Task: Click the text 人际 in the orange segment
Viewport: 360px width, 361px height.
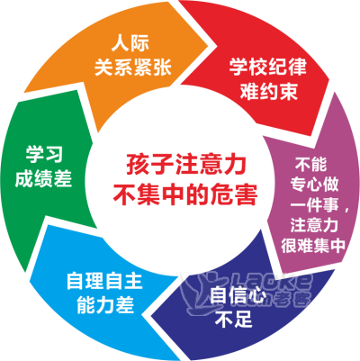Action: tap(130, 44)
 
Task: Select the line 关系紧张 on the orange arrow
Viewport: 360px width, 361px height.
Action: tap(133, 68)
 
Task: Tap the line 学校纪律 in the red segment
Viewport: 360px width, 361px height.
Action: tap(268, 67)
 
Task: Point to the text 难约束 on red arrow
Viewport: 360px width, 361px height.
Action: tap(269, 91)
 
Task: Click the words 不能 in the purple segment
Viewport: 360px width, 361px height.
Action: tap(310, 164)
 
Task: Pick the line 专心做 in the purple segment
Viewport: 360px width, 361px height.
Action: tap(314, 185)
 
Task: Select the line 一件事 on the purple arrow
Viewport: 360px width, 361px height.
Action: tap(314, 205)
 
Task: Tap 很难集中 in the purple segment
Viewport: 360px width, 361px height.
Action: tap(314, 246)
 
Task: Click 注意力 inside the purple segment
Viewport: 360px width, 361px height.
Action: tap(314, 225)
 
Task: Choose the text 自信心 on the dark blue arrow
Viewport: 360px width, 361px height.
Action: tap(238, 295)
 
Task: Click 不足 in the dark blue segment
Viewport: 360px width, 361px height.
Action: tap(234, 319)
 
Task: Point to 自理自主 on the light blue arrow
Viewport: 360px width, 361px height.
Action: tap(104, 281)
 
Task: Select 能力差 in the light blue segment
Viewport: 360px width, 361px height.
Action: tap(105, 305)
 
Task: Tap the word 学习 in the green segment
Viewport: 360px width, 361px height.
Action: tap(44, 155)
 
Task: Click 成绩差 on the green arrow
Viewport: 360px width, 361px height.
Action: tap(43, 178)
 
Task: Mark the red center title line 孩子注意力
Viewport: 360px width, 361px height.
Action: tap(186, 165)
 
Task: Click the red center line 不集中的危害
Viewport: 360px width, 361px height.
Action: tap(185, 194)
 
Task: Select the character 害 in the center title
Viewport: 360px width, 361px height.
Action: tap(246, 194)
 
